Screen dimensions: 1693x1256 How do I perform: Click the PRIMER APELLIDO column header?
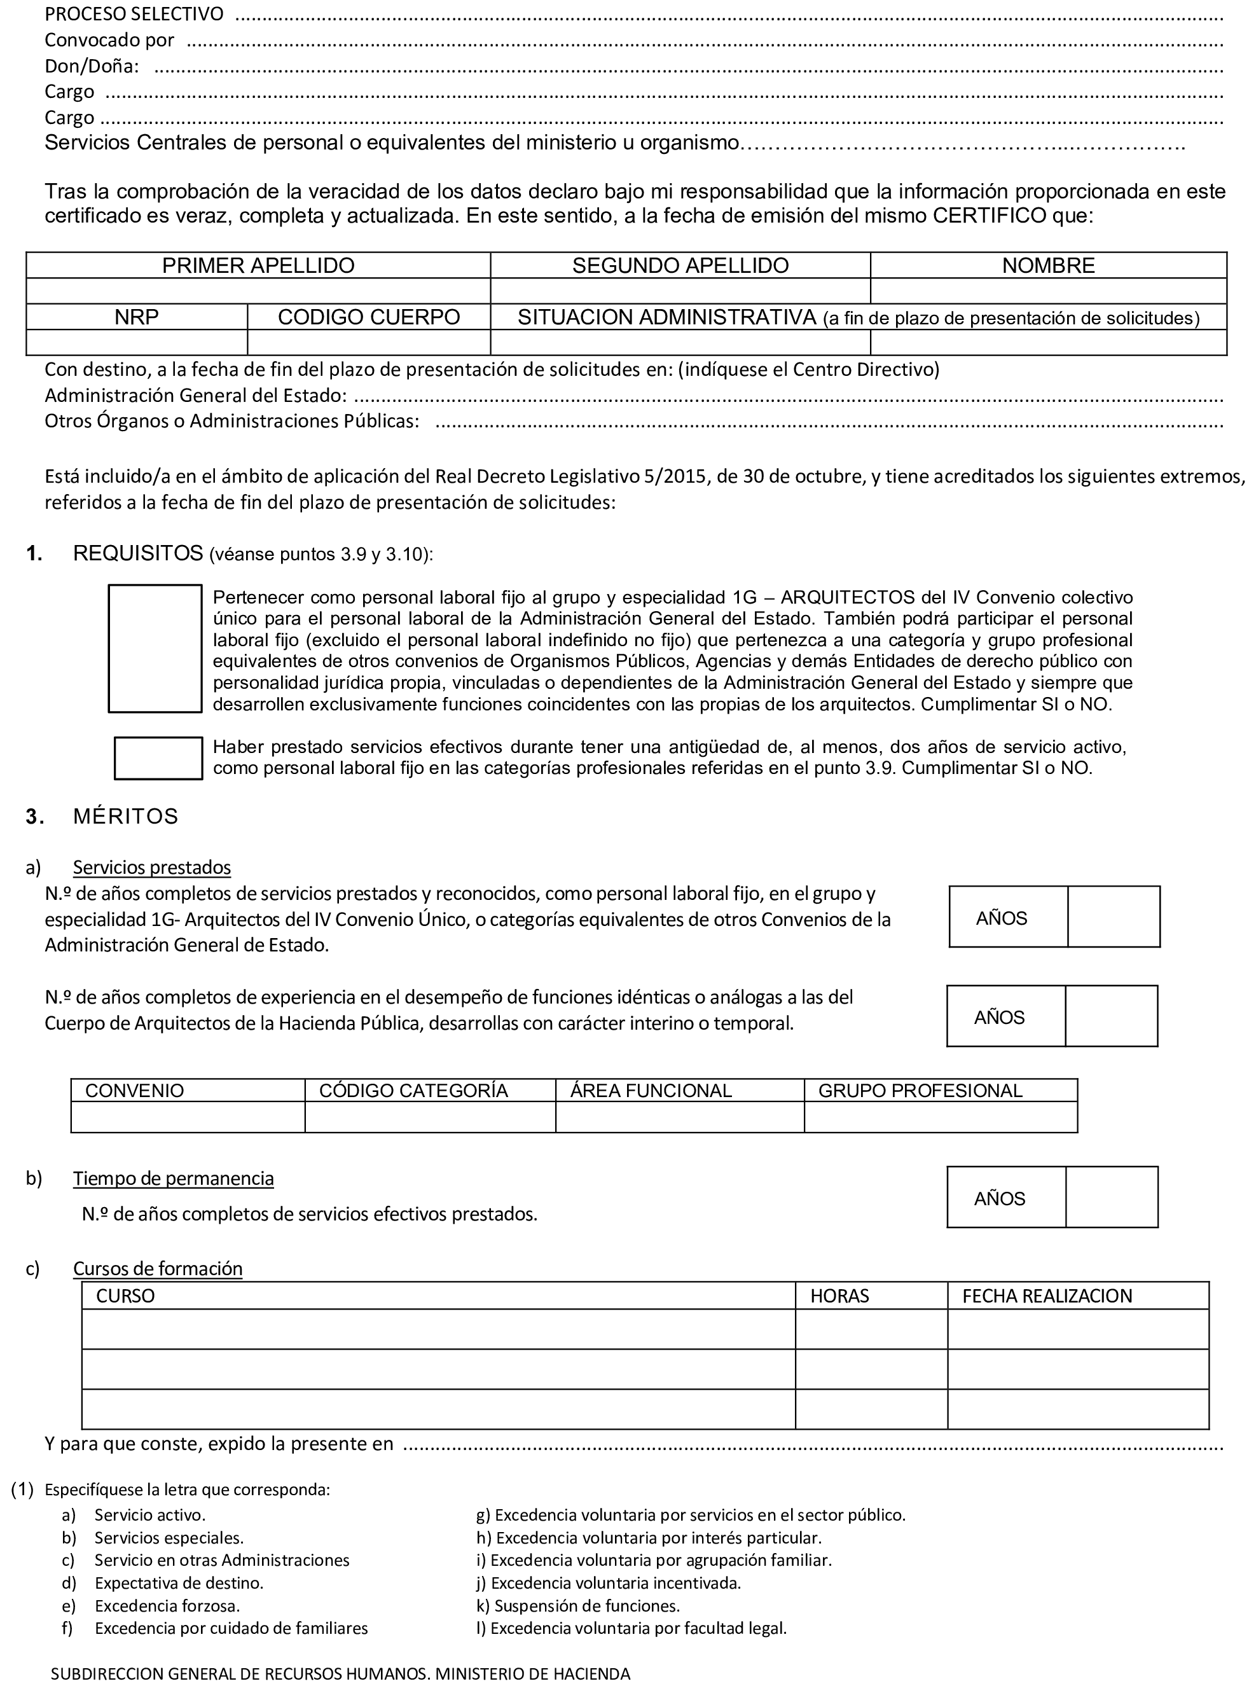(x=258, y=265)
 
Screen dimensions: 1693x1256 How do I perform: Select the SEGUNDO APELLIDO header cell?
(x=680, y=265)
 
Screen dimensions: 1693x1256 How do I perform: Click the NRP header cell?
(x=137, y=317)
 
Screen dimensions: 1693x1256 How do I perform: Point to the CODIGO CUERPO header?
(x=369, y=317)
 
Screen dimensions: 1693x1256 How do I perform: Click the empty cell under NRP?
(x=137, y=343)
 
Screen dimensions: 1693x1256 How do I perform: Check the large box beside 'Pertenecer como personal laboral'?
(x=155, y=649)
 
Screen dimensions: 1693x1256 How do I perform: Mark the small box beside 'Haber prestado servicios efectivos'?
(x=158, y=758)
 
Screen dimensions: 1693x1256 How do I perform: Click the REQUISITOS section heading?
(x=139, y=553)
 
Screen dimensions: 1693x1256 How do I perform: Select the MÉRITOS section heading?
(x=125, y=817)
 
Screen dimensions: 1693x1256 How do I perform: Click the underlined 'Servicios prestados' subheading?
(x=152, y=867)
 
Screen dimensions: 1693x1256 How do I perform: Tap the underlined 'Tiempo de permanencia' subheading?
(x=174, y=1178)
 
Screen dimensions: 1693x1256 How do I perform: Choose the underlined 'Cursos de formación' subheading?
(x=157, y=1269)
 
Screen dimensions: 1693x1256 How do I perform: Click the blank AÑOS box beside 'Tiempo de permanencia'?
(x=1112, y=1198)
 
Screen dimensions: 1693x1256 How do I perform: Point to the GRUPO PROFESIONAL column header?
(x=920, y=1091)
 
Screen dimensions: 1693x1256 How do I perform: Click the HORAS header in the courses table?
(x=839, y=1296)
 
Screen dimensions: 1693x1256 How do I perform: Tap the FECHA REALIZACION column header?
(x=1047, y=1296)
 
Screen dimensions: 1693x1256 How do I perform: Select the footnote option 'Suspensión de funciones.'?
(x=587, y=1607)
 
